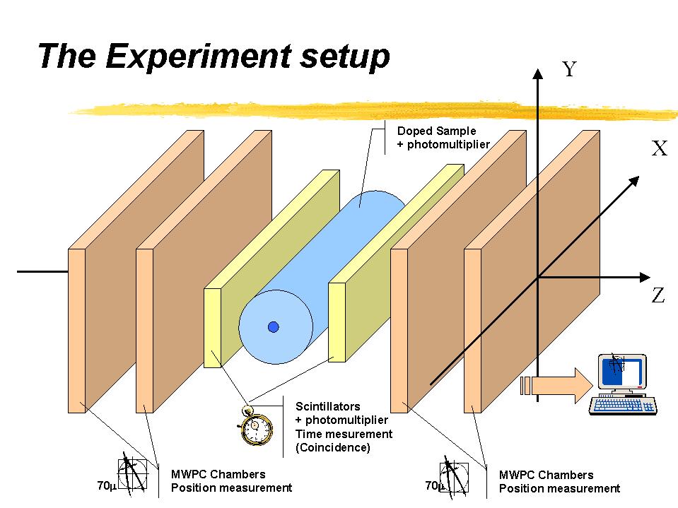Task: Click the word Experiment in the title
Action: tap(199, 56)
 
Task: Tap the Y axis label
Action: tap(569, 69)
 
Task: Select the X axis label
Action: tap(660, 148)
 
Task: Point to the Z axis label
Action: tap(658, 295)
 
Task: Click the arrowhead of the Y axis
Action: tap(537, 73)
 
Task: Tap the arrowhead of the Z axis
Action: tap(645, 278)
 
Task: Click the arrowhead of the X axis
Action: tap(634, 181)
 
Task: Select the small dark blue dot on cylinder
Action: tap(274, 327)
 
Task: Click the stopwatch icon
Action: tap(256, 426)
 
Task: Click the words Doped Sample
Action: tap(436, 131)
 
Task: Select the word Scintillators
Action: tap(327, 406)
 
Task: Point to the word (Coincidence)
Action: tap(333, 447)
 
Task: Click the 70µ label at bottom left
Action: tap(107, 485)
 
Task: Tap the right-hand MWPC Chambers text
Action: tap(546, 475)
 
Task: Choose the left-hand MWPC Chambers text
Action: tap(218, 474)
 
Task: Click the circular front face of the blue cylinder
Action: tap(276, 327)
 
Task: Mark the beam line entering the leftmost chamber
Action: tap(42, 272)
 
